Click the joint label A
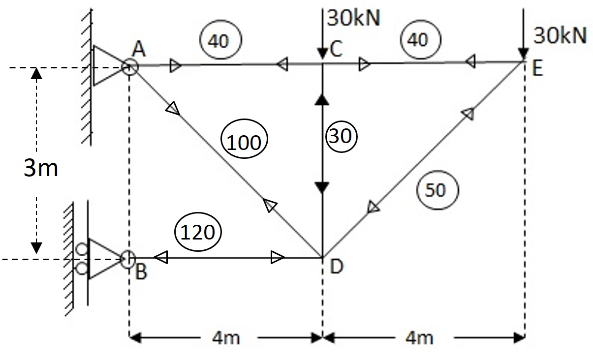click(138, 49)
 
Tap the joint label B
click(141, 272)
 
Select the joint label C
click(336, 50)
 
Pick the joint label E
click(537, 69)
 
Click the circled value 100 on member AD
click(245, 142)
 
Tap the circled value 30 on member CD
click(340, 135)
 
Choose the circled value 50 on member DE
click(437, 190)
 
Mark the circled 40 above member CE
click(419, 39)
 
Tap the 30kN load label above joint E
click(561, 35)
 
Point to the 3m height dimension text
click(41, 168)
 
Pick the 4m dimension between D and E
click(420, 338)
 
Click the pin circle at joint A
click(129, 66)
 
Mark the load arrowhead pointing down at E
click(524, 55)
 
